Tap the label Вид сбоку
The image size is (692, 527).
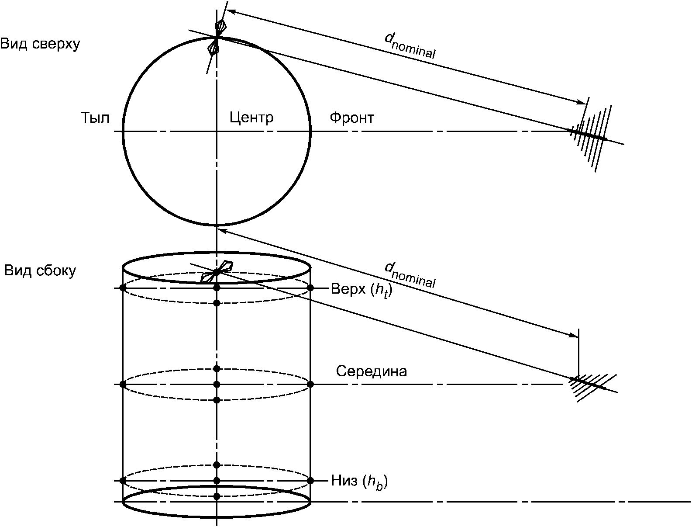[x=40, y=271]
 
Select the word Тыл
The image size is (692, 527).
[x=95, y=118]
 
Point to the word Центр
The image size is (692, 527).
[x=251, y=118]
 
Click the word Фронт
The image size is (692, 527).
[x=352, y=118]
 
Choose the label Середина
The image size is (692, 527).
[x=372, y=371]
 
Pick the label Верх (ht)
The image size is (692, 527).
[x=361, y=289]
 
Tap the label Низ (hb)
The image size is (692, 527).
[x=359, y=481]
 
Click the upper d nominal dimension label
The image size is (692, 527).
[x=410, y=46]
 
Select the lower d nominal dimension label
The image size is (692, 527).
[x=410, y=276]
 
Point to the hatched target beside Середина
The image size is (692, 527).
[x=589, y=387]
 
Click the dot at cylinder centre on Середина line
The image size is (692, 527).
[x=217, y=385]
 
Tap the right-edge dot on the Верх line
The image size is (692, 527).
[x=310, y=288]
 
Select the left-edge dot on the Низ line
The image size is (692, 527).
[x=123, y=481]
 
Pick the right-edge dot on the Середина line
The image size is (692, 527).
[x=310, y=385]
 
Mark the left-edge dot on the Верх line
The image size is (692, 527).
[x=123, y=288]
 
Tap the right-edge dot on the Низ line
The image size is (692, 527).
[x=310, y=481]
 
